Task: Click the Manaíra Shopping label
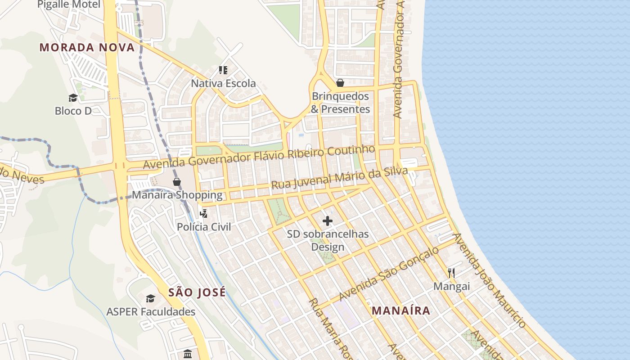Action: [177, 195]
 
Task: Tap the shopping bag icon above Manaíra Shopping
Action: [177, 182]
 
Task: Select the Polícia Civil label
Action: [204, 227]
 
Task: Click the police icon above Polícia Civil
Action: [203, 213]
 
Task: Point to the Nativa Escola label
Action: [223, 83]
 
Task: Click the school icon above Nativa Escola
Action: [223, 70]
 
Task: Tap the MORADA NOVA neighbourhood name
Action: [87, 47]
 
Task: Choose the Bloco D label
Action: [73, 111]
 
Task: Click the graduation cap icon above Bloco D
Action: [73, 98]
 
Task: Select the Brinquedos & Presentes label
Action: [340, 103]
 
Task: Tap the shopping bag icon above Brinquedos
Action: [340, 83]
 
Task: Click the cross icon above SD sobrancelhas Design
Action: [328, 221]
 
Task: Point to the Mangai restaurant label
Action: [451, 286]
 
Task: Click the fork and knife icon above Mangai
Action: [451, 273]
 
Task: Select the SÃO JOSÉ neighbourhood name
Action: [197, 292]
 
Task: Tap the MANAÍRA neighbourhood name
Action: [401, 310]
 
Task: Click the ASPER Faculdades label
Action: [151, 311]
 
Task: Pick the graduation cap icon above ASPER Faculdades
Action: [150, 298]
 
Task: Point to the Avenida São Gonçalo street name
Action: [389, 274]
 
